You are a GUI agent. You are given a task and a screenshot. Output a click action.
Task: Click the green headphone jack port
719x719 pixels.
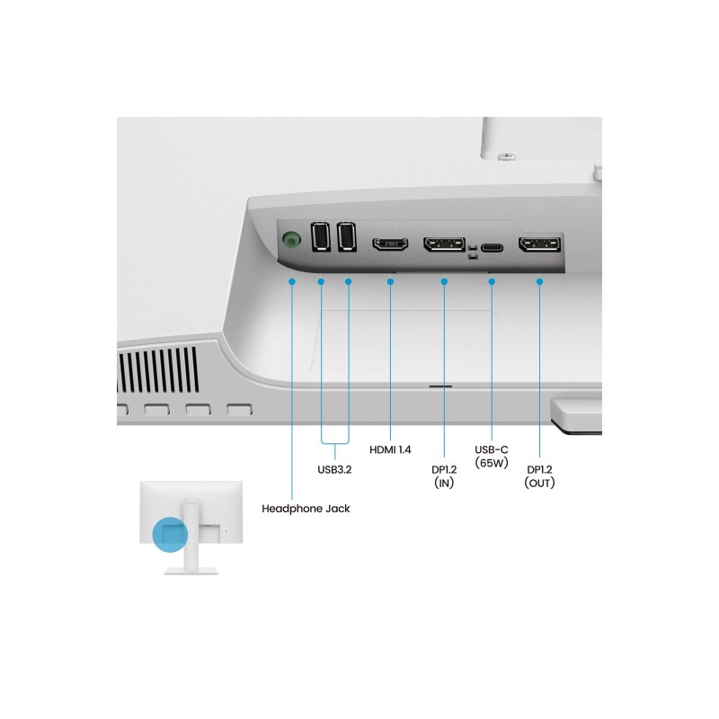(x=291, y=240)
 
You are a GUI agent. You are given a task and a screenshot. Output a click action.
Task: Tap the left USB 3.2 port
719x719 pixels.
(x=321, y=236)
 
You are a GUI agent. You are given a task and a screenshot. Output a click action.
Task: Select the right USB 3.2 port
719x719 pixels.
(x=347, y=236)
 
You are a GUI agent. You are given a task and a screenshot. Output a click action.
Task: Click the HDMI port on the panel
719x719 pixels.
(x=390, y=244)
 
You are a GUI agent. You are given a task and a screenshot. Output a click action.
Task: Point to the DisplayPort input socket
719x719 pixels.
(x=444, y=244)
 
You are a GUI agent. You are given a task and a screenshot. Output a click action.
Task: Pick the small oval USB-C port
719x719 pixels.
(x=492, y=248)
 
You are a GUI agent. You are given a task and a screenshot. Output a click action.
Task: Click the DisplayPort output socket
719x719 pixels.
(x=540, y=244)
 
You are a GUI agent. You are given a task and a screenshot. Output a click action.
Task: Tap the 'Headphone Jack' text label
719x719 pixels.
(x=306, y=509)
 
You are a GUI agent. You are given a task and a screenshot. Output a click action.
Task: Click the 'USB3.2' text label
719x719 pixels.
(x=334, y=469)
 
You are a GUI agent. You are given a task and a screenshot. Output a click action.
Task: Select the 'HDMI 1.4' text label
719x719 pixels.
(x=390, y=450)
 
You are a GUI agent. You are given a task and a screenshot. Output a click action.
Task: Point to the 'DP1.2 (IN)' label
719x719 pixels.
(x=444, y=476)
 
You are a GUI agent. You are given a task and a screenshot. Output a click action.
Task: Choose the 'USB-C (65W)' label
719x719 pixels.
(x=492, y=457)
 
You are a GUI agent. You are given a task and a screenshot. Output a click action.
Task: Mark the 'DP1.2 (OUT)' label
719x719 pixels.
(x=540, y=476)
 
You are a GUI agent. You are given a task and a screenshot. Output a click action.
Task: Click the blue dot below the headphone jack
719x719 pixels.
(x=292, y=281)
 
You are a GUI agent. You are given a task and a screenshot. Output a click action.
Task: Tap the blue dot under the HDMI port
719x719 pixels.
(x=390, y=281)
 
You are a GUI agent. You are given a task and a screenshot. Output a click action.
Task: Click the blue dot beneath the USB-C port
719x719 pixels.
(x=492, y=281)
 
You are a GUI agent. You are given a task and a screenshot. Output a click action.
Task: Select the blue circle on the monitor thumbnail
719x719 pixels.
(x=170, y=534)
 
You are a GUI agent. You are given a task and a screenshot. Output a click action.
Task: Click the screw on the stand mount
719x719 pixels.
(x=507, y=158)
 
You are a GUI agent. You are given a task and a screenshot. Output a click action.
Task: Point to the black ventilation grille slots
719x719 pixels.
(x=159, y=370)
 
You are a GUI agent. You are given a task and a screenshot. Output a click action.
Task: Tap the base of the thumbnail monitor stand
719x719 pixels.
(x=191, y=572)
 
